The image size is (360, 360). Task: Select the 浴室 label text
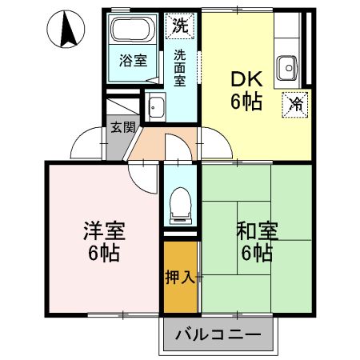tap(133, 61)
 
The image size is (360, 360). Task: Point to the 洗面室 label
tap(180, 69)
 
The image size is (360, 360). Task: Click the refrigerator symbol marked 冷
tap(295, 104)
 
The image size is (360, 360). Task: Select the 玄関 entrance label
tap(122, 126)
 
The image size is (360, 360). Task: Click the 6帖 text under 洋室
tap(104, 254)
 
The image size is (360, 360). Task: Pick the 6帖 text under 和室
tap(256, 254)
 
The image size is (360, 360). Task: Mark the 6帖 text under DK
tap(247, 102)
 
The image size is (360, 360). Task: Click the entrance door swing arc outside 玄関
tap(86, 144)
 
